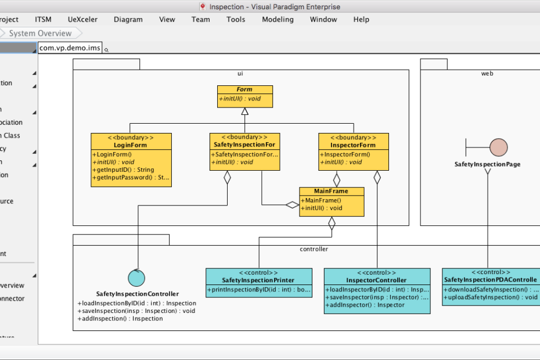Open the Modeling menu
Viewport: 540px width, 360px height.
tap(278, 19)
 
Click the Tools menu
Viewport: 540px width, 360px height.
tap(236, 19)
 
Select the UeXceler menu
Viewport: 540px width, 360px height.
tap(82, 19)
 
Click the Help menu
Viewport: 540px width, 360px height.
tap(361, 19)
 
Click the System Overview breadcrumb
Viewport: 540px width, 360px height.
tap(40, 34)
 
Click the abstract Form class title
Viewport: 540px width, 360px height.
tap(244, 89)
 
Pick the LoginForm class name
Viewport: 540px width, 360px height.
tap(131, 145)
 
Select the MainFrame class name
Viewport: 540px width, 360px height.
tap(332, 191)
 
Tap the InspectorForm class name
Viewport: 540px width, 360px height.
tap(353, 145)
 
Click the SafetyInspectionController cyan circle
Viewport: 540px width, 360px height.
tap(136, 278)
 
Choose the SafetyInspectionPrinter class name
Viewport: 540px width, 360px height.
tap(258, 280)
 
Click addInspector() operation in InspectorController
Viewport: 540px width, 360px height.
tap(366, 305)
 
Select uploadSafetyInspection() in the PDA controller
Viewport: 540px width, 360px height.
tap(491, 297)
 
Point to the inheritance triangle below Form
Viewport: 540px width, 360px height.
tap(244, 111)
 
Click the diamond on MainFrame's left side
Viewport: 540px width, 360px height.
tap(292, 204)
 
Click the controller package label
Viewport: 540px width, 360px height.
tap(314, 249)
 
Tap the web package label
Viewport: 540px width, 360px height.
tap(487, 74)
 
